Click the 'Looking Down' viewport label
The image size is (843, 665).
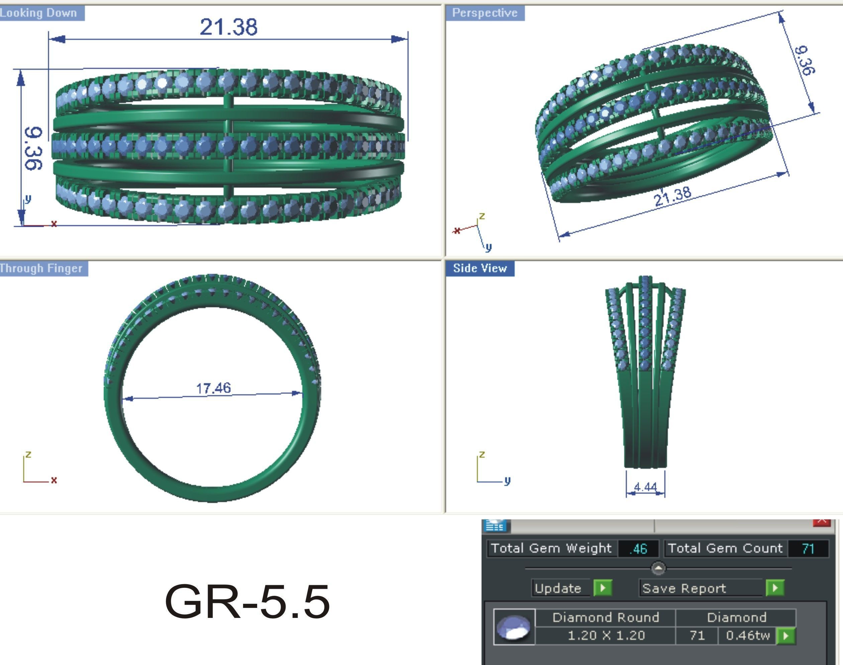pos(39,13)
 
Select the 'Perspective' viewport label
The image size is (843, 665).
pos(485,13)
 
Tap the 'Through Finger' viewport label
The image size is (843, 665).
pos(41,268)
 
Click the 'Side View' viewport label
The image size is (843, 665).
pos(480,268)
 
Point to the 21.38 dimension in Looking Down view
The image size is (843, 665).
pos(228,27)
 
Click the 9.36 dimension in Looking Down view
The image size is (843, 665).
pos(33,148)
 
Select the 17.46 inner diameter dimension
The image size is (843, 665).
pos(213,388)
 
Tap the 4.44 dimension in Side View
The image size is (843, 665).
pos(645,487)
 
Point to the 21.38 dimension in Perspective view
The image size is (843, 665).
pos(672,196)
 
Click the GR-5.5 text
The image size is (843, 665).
pos(247,602)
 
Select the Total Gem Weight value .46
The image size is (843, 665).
pos(638,548)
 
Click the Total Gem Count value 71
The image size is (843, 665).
pos(808,548)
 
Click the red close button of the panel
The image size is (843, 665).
pos(822,522)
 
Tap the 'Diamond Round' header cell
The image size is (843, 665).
pos(606,618)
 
